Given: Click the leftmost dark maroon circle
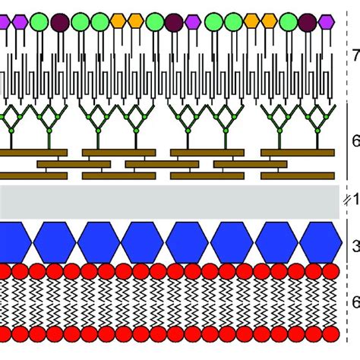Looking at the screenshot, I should pos(60,22).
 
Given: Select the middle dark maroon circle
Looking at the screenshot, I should pos(173,22).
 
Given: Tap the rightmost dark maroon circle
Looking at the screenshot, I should pos(307,22).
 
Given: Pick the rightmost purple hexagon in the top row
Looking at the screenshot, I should pos(327,22).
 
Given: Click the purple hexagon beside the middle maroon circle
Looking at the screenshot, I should pos(193,22).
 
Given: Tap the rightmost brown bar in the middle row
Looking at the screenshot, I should pos(251,163).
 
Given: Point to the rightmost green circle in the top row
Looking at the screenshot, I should pos(288,22).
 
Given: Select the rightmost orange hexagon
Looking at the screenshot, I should pos(270,22).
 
